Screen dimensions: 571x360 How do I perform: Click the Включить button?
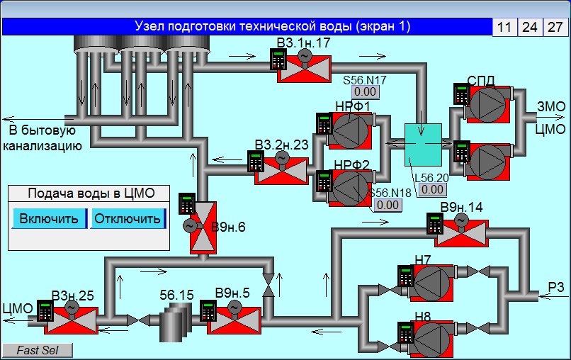click(x=49, y=219)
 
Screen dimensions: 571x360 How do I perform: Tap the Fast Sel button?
click(x=38, y=350)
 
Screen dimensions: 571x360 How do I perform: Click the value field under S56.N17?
click(x=366, y=92)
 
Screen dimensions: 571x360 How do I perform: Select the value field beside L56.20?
click(x=432, y=189)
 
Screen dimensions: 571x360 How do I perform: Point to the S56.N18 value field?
click(x=388, y=205)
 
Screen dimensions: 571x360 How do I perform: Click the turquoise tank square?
click(x=423, y=145)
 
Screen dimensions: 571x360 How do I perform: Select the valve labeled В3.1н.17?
click(x=305, y=69)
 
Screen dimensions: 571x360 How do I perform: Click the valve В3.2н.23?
click(x=281, y=171)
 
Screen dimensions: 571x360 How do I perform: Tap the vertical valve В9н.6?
click(x=203, y=227)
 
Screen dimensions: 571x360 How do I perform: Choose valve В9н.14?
click(x=461, y=233)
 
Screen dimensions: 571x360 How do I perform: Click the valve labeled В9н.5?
click(x=234, y=320)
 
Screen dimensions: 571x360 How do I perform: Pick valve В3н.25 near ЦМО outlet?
click(x=71, y=320)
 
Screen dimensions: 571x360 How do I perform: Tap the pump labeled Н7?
click(x=432, y=283)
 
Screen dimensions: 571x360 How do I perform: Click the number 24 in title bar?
click(x=530, y=28)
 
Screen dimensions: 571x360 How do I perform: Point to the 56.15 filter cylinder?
click(x=176, y=324)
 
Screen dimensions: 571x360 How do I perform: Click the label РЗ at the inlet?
click(x=556, y=288)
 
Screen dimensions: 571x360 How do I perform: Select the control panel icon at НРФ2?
click(x=324, y=181)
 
